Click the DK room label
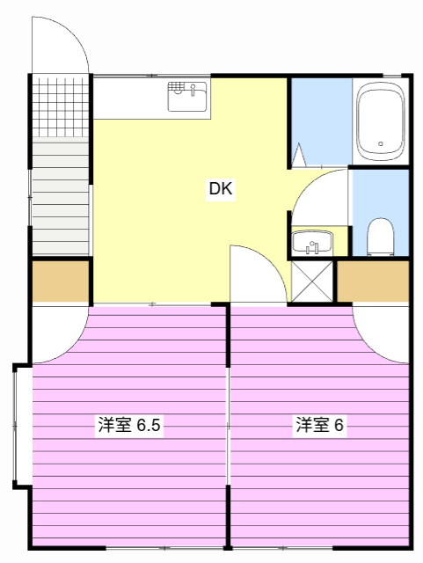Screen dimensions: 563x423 tap(222, 188)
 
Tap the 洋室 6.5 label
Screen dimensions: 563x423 tap(128, 426)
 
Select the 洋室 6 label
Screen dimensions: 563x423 tap(319, 426)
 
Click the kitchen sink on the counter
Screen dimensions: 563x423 tap(187, 96)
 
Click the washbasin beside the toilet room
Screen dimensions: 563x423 tap(311, 242)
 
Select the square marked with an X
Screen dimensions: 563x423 tap(311, 281)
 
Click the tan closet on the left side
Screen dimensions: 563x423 tap(61, 281)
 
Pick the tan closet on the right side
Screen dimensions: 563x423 tap(373, 281)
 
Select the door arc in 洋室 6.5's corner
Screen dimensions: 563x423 tap(60, 333)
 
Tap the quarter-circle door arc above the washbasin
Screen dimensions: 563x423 tap(318, 199)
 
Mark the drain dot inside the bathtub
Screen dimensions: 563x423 tap(380, 144)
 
